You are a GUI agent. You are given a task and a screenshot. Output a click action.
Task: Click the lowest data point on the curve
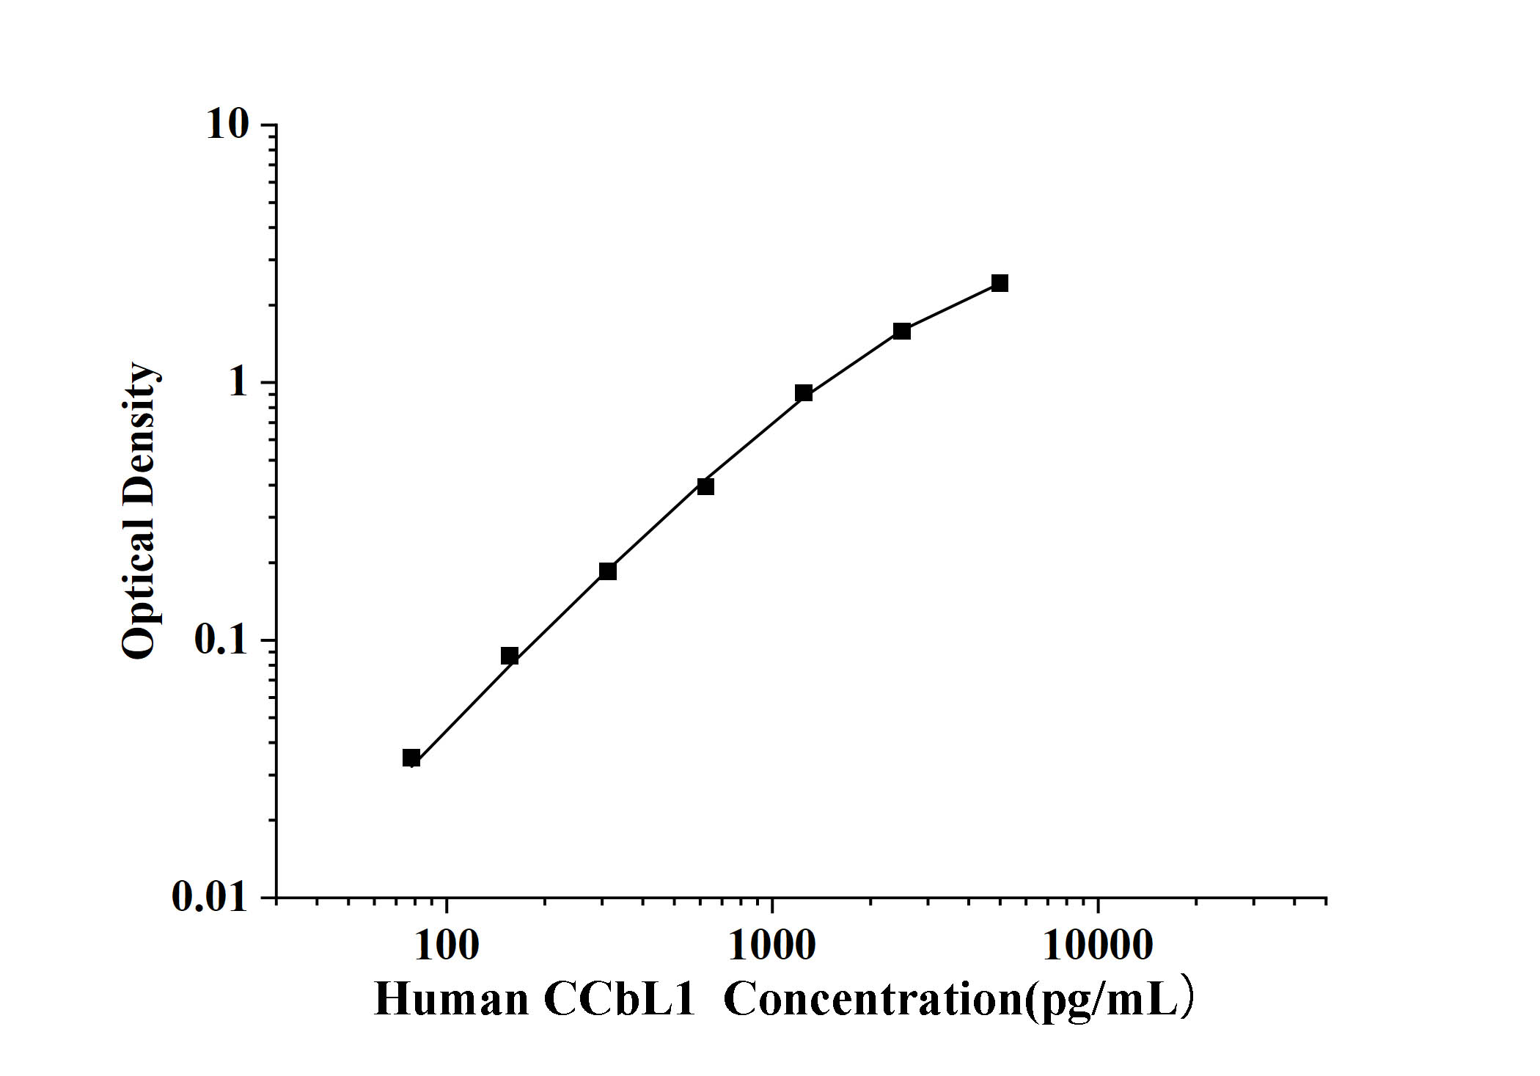click(411, 758)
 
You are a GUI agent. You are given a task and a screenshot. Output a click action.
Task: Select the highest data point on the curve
click(1000, 283)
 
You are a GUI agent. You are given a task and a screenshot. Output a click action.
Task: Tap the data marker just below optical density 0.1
click(510, 656)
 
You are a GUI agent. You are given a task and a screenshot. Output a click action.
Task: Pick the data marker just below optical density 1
click(804, 393)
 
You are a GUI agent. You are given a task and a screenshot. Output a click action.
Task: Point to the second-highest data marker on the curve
click(902, 332)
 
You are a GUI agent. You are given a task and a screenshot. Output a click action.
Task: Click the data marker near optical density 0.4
click(705, 486)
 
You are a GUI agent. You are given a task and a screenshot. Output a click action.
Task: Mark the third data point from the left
click(608, 571)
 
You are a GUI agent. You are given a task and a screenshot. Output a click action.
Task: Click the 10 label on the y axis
click(228, 125)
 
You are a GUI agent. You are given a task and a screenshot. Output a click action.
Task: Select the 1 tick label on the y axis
click(238, 383)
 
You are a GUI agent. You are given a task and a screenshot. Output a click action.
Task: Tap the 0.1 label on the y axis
click(221, 640)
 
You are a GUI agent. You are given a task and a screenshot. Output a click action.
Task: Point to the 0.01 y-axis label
click(210, 896)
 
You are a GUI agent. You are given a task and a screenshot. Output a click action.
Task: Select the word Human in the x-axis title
click(451, 999)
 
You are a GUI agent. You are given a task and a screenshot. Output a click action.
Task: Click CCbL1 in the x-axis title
click(619, 999)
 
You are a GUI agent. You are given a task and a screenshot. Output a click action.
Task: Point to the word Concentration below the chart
click(873, 999)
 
